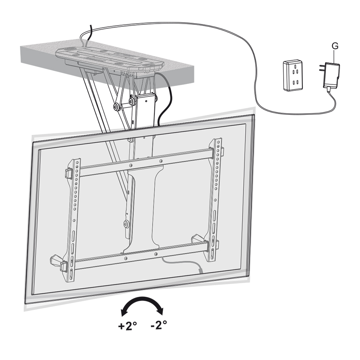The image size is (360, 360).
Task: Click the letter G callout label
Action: [335, 46]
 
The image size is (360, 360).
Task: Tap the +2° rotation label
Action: [128, 326]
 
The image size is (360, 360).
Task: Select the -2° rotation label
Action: [159, 325]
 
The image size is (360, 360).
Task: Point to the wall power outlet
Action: [293, 75]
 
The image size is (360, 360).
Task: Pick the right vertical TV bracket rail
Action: [215, 200]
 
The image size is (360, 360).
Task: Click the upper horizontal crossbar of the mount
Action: [147, 162]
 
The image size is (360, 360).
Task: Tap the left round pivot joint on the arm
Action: [116, 106]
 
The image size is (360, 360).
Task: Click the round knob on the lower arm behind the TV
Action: [126, 224]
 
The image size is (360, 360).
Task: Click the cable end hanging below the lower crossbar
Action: [200, 271]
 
